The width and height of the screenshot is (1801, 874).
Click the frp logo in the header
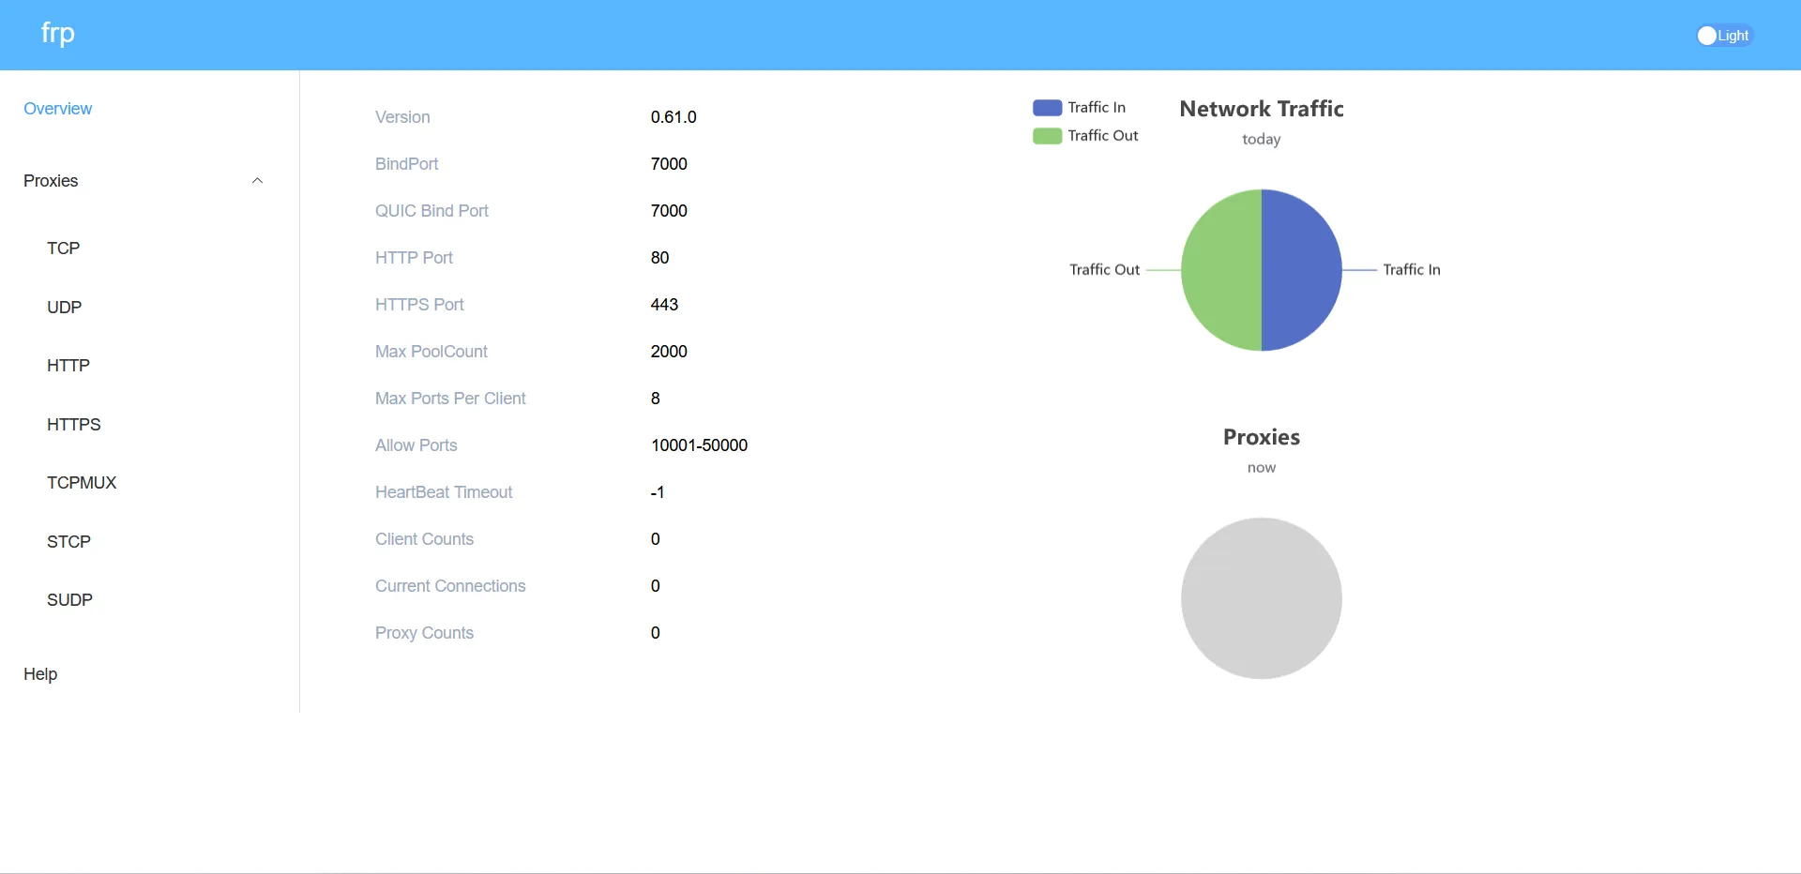click(x=57, y=34)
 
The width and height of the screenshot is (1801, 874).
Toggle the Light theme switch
click(x=1723, y=36)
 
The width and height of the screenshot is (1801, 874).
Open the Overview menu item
click(x=57, y=109)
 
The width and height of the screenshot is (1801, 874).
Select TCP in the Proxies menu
click(x=64, y=249)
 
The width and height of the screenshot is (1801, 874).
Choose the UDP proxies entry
click(x=64, y=308)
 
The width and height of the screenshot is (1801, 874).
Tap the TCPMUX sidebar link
click(x=82, y=483)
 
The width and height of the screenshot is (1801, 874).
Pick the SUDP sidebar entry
click(x=69, y=600)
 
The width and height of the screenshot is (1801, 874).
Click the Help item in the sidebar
click(x=40, y=674)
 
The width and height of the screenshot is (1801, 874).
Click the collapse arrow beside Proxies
click(x=257, y=181)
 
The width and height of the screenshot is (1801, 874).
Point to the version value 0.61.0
click(x=673, y=117)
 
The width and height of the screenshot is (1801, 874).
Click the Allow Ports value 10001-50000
click(x=699, y=445)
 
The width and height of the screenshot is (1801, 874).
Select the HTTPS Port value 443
click(x=664, y=305)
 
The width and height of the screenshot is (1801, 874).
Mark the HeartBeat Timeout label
click(x=444, y=492)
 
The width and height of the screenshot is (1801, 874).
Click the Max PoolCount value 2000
click(x=669, y=352)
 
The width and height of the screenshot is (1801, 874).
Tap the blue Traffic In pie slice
click(x=1302, y=270)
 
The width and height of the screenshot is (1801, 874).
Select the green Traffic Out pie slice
click(x=1221, y=270)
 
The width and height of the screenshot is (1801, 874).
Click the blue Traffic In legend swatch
click(x=1047, y=108)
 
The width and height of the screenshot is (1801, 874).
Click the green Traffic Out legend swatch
click(x=1047, y=136)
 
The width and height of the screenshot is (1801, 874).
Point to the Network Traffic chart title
click(x=1261, y=109)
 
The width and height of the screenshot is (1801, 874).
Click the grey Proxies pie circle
click(x=1261, y=598)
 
